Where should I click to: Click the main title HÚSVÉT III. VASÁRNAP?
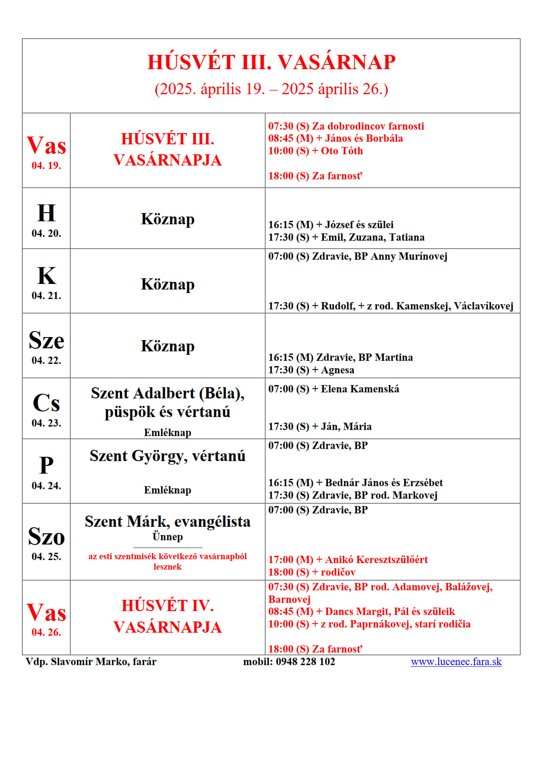coord(271,62)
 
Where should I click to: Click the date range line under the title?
coord(271,89)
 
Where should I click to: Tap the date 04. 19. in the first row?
coord(46,166)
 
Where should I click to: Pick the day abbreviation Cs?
coord(46,403)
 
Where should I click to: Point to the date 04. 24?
coord(46,486)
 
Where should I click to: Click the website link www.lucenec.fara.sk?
coord(456,662)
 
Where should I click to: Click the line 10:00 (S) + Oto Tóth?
coord(316,151)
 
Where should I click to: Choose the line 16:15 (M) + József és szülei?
coord(331,225)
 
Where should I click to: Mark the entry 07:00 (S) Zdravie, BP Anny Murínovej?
coord(357,256)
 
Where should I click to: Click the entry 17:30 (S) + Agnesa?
coord(311,370)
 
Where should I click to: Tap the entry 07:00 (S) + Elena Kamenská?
coord(333,389)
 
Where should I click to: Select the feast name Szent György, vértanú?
coord(167,456)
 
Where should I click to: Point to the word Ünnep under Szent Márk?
coord(167,537)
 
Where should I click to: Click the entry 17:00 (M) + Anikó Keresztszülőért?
coord(348,560)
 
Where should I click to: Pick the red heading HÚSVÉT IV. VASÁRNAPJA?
coord(167,616)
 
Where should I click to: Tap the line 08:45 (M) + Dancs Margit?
coord(361,611)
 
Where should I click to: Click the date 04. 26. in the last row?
coord(46,632)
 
